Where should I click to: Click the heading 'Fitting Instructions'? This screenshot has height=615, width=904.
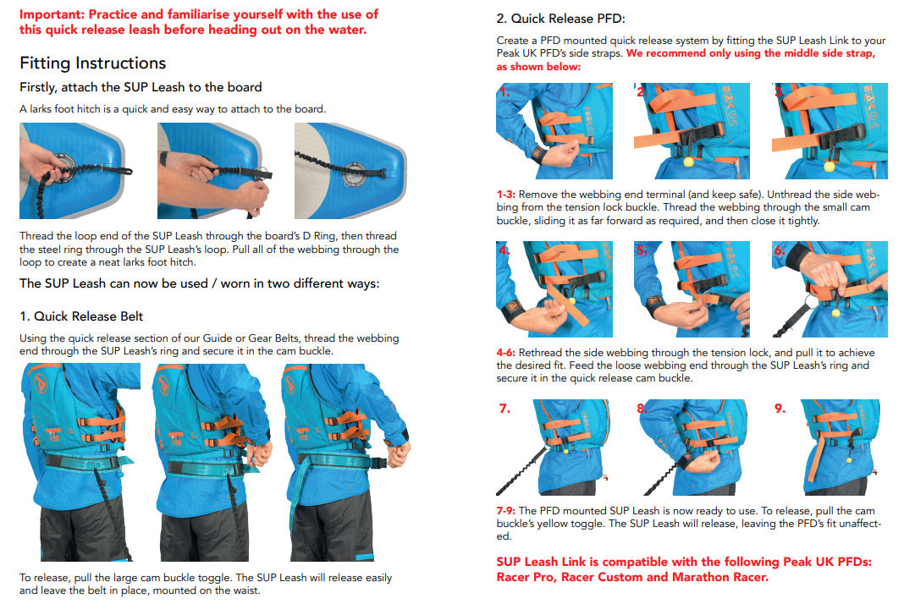tap(93, 63)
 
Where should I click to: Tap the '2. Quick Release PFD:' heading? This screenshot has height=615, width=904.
tap(560, 19)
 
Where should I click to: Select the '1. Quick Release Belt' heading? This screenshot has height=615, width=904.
tap(81, 316)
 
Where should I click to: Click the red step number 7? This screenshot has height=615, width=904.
tap(504, 409)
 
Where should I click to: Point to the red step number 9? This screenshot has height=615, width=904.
tap(780, 409)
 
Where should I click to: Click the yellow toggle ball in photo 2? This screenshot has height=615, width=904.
tap(687, 161)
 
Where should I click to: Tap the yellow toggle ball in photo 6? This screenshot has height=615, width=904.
tap(837, 312)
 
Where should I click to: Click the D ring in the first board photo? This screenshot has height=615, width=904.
tap(63, 158)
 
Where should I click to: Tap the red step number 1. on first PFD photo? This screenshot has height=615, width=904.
tap(504, 92)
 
